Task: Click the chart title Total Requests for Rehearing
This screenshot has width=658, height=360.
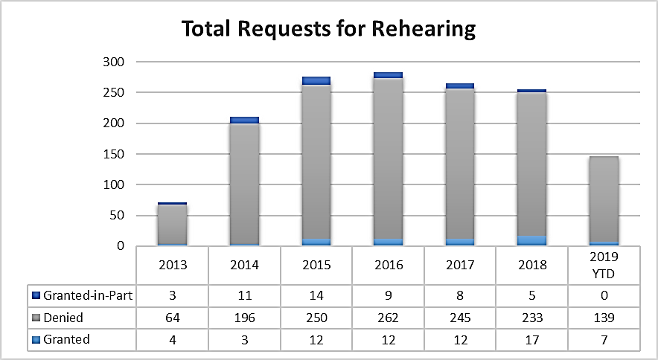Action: (x=328, y=29)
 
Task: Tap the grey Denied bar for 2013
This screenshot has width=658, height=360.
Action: (x=172, y=223)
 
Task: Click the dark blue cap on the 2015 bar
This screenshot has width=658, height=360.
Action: (x=316, y=80)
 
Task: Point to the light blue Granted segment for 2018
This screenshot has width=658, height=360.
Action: (x=532, y=240)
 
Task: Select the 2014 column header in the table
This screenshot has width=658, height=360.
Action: (x=244, y=266)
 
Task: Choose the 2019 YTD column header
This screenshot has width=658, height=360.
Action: (x=604, y=266)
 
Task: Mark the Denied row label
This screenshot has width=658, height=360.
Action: (x=63, y=318)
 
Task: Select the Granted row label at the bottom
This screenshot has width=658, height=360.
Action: (x=66, y=339)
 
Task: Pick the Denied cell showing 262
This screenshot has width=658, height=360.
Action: (x=388, y=318)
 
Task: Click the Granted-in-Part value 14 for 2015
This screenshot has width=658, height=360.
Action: (x=316, y=295)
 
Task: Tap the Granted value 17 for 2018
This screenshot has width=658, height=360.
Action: (x=532, y=339)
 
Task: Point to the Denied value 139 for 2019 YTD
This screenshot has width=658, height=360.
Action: (x=604, y=318)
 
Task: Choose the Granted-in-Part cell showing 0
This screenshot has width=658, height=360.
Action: (x=604, y=295)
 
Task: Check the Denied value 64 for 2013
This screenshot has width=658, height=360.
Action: (x=172, y=318)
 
